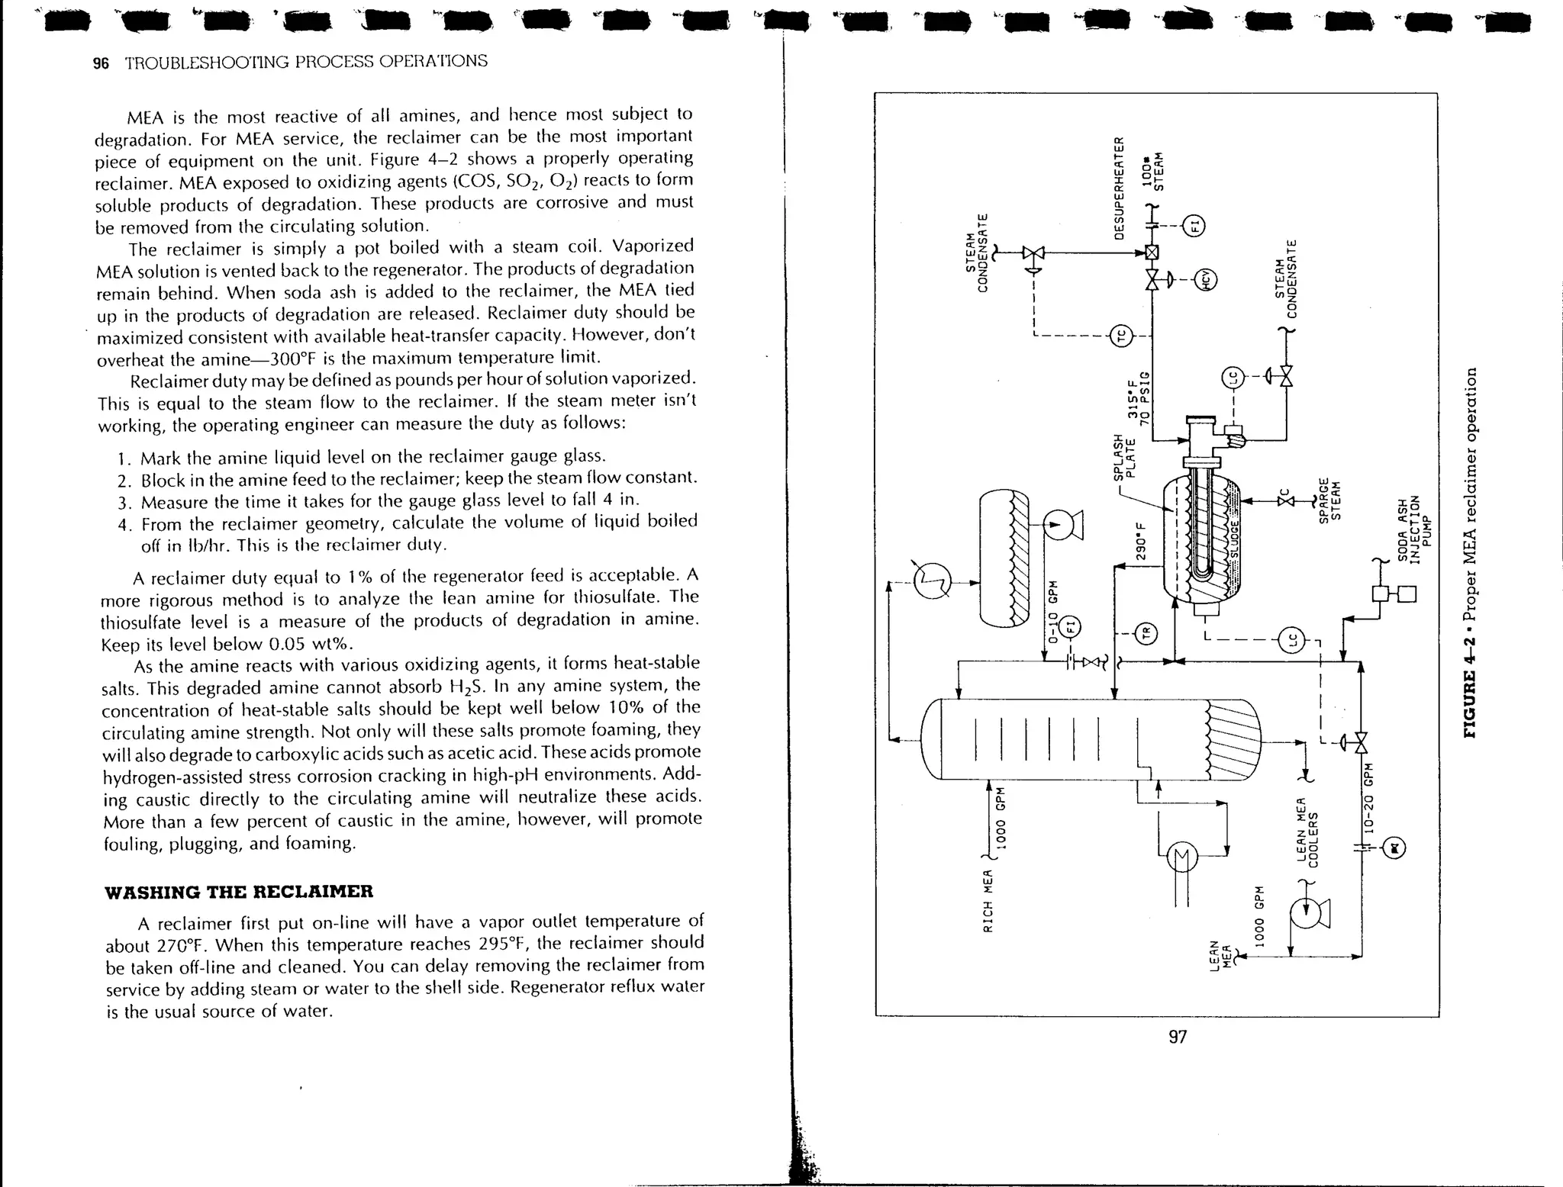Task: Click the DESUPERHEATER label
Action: point(1120,188)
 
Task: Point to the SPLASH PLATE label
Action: point(1125,458)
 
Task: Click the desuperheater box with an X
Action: point(1152,253)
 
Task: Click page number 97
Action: point(1178,1037)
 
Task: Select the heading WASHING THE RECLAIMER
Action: point(239,892)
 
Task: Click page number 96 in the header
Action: point(101,63)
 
